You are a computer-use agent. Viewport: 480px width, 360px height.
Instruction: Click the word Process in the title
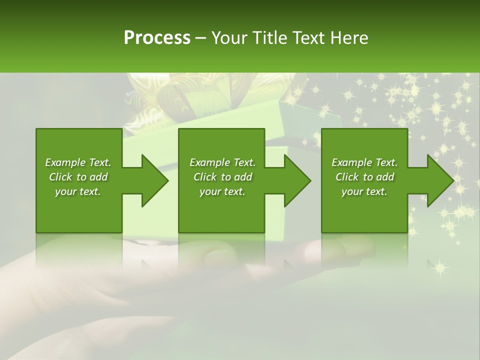(x=157, y=38)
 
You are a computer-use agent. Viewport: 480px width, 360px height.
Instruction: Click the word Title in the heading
(x=271, y=38)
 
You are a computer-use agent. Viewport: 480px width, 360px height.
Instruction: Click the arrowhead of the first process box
(x=153, y=180)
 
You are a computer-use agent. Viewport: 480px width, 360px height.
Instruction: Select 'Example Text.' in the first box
(x=78, y=162)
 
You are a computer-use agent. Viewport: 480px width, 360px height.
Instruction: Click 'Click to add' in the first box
(x=78, y=177)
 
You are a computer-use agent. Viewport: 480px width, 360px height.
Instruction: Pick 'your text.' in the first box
(x=78, y=191)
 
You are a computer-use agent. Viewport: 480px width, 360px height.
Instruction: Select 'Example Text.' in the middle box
(x=222, y=162)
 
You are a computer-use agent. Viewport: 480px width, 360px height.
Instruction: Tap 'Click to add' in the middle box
(x=222, y=177)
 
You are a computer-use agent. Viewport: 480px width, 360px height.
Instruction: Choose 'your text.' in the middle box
(x=222, y=191)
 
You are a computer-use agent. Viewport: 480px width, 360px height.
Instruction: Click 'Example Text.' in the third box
(x=364, y=162)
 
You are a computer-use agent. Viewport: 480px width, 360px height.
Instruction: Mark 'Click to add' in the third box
(x=364, y=177)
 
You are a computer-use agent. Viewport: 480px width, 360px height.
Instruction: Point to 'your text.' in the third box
(x=364, y=191)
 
